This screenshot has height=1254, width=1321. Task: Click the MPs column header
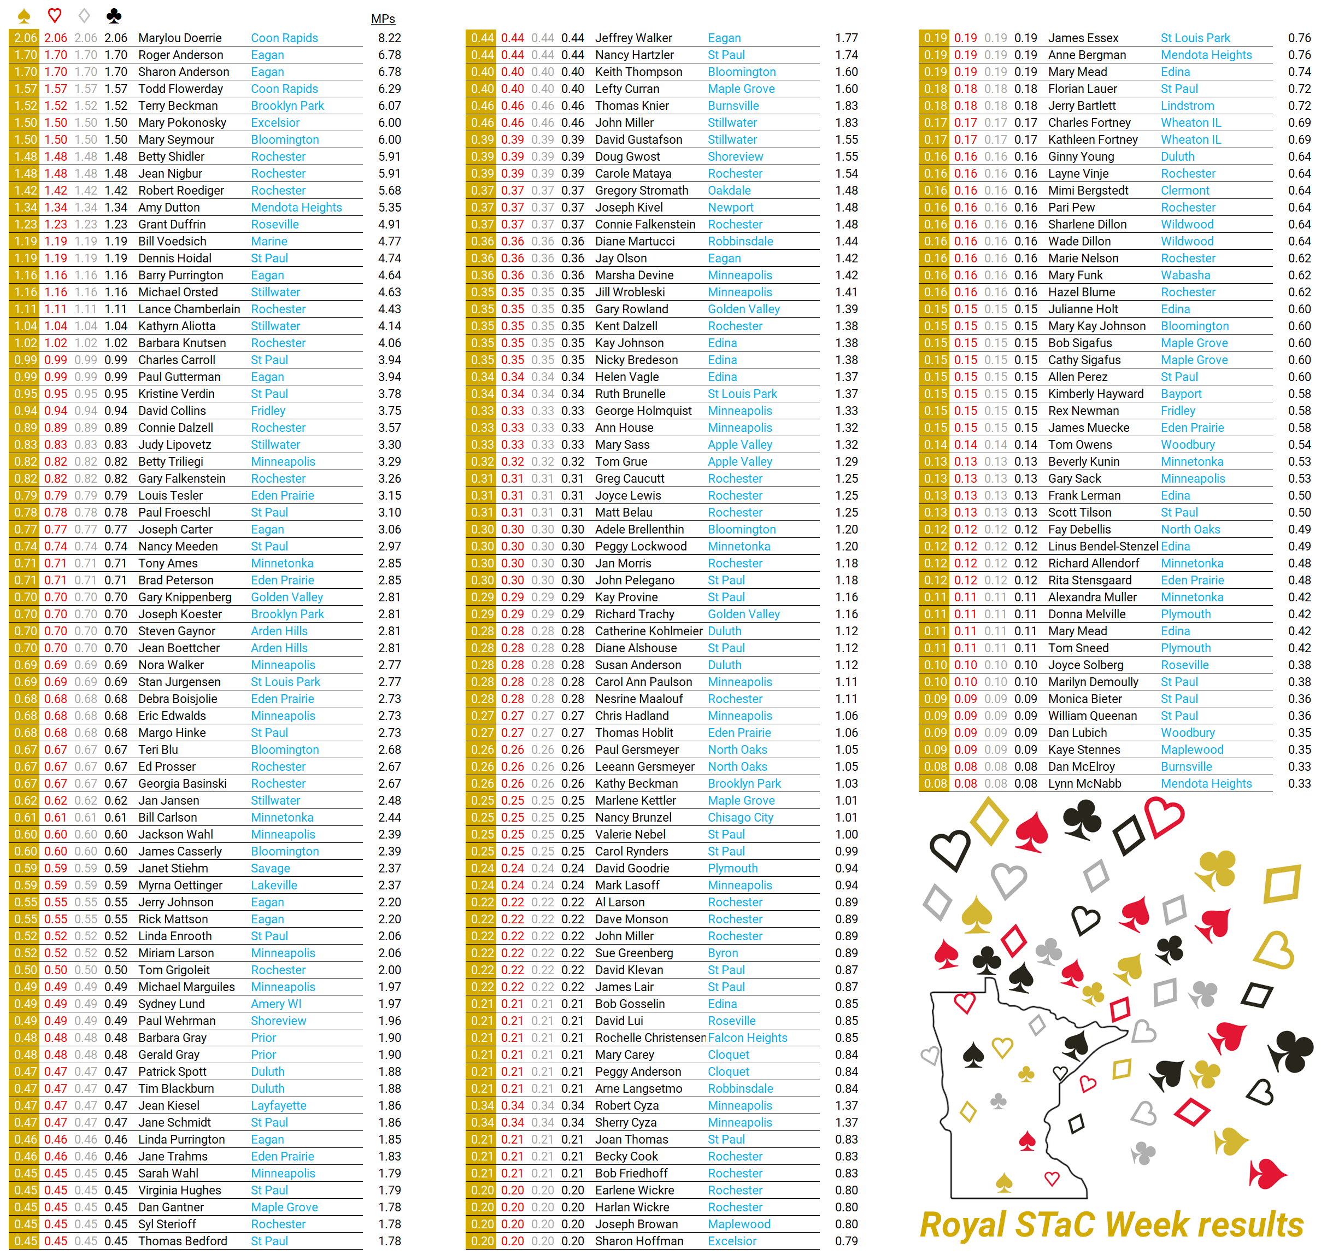383,19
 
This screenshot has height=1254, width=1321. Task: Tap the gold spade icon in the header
24,15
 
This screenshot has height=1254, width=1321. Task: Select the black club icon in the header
114,15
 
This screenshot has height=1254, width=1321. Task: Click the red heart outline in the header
55,15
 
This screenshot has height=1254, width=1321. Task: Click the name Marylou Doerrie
180,38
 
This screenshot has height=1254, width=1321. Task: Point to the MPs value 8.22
390,38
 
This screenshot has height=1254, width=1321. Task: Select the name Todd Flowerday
180,89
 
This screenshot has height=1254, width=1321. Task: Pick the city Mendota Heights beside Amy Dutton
296,207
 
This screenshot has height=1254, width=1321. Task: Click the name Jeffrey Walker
633,38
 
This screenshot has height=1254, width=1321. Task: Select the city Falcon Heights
747,1038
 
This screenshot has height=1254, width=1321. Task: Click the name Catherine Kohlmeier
648,631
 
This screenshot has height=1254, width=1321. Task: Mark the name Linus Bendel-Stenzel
1102,546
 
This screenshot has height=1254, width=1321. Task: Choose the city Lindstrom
1187,106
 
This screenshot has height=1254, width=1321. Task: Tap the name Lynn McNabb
1084,783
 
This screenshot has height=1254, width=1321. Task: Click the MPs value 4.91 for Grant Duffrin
390,225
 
